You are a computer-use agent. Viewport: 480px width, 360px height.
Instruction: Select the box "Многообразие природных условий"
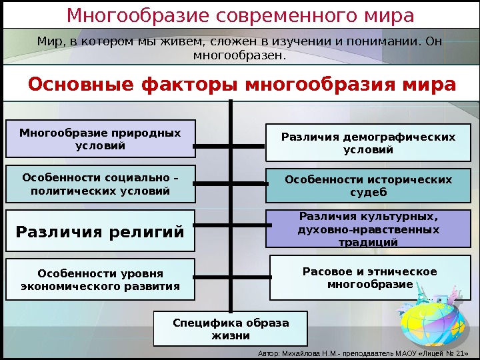[x=100, y=139]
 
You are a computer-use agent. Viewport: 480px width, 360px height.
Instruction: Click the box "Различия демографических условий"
[x=368, y=143]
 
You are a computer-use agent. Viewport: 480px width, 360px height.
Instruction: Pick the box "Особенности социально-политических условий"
[x=100, y=184]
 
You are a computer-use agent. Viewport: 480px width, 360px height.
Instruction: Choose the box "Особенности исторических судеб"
[x=368, y=186]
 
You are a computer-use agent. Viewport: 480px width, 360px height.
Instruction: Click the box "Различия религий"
[x=100, y=232]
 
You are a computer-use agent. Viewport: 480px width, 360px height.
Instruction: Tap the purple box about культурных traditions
[x=368, y=229]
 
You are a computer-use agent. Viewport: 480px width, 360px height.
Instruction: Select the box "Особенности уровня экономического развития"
[x=100, y=279]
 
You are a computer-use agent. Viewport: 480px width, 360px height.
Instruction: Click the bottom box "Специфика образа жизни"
[x=231, y=329]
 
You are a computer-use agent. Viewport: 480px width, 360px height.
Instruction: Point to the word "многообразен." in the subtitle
[x=239, y=55]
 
